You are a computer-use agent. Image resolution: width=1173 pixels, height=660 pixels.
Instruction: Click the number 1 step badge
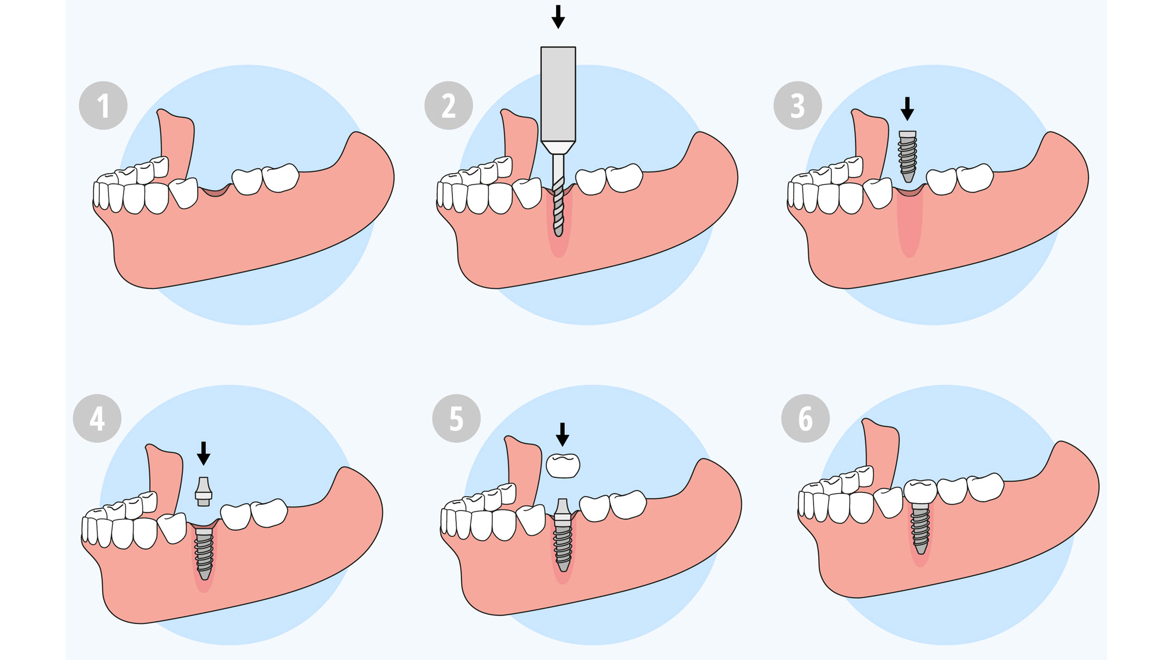point(103,105)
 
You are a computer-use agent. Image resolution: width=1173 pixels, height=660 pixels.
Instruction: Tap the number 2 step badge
point(449,105)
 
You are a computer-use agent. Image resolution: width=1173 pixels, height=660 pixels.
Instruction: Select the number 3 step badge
point(798,105)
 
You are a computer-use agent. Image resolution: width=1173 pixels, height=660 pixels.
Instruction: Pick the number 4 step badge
point(97,418)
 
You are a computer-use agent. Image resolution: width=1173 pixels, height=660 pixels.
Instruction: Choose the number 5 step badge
point(456,418)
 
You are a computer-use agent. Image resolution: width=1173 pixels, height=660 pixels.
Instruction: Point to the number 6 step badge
point(806,418)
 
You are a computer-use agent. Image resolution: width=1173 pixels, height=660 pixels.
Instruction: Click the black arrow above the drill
point(558,17)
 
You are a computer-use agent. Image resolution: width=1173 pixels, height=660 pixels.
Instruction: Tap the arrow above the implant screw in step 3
point(907,109)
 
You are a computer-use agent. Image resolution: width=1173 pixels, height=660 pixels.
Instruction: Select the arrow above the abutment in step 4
point(203,453)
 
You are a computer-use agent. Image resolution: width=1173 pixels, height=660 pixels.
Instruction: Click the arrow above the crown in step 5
point(563,435)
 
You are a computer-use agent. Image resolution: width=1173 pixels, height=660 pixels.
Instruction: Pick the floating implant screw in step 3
point(908,156)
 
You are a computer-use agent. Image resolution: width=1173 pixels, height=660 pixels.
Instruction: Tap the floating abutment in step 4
point(203,492)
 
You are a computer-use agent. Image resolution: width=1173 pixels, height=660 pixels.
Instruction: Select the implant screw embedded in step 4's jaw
point(204,554)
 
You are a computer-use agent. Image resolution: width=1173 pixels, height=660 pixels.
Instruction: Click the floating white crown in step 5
point(563,466)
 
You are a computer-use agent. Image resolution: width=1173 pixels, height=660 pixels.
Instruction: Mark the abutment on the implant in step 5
point(563,511)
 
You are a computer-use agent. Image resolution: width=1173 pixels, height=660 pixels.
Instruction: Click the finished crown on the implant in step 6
point(920,492)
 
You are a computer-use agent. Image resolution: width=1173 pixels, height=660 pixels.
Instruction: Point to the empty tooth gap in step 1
point(215,190)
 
